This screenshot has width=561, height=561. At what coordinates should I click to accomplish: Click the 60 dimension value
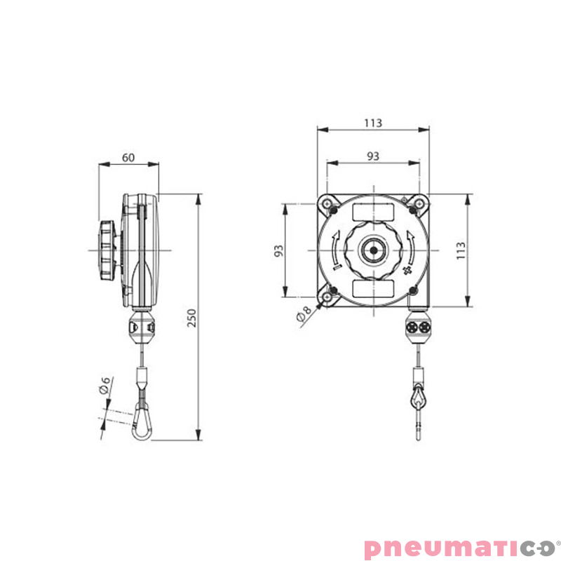[128, 157]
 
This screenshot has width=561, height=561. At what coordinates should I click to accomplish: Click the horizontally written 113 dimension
[372, 123]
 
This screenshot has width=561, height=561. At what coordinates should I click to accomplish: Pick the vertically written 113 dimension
[460, 250]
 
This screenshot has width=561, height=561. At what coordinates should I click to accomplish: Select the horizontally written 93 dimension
[372, 156]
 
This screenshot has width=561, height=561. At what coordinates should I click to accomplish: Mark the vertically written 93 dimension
[278, 250]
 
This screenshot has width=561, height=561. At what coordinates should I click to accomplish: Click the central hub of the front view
[372, 250]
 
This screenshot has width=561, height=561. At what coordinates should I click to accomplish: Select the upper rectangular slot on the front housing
[372, 211]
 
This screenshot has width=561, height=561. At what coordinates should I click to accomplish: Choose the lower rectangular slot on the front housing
[372, 288]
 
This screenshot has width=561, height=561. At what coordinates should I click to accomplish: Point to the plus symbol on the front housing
[409, 271]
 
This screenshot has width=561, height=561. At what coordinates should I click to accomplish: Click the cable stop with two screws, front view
[419, 327]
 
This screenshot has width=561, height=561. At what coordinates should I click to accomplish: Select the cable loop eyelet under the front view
[419, 399]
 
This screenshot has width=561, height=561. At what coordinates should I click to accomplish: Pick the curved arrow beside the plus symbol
[413, 245]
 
